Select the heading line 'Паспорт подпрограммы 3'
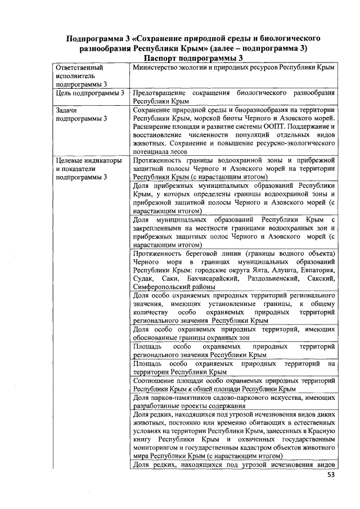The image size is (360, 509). [x=193, y=58]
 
